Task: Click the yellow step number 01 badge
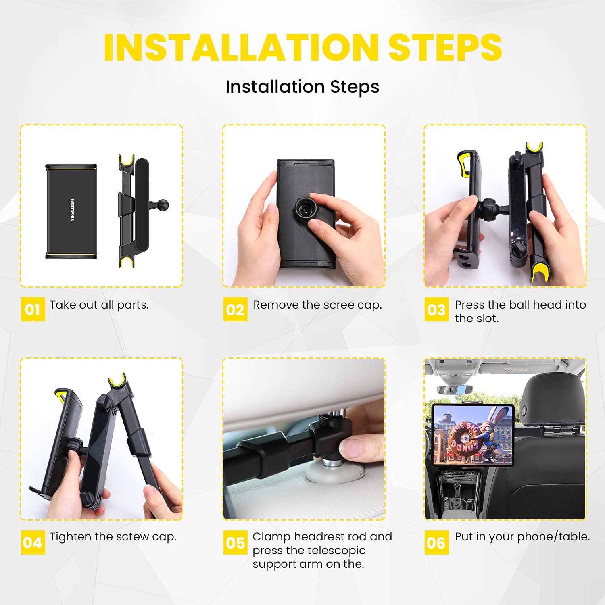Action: (x=33, y=309)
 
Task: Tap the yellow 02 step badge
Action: (x=236, y=309)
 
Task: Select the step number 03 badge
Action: (x=436, y=309)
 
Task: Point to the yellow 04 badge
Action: (x=33, y=542)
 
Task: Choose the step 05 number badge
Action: (x=236, y=542)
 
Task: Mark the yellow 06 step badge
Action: (x=436, y=542)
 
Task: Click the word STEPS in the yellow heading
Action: (x=445, y=48)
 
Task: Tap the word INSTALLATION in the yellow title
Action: (x=241, y=48)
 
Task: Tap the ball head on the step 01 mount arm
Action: (x=163, y=204)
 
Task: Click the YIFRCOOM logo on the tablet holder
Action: (x=72, y=210)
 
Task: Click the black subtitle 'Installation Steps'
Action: (x=302, y=87)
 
